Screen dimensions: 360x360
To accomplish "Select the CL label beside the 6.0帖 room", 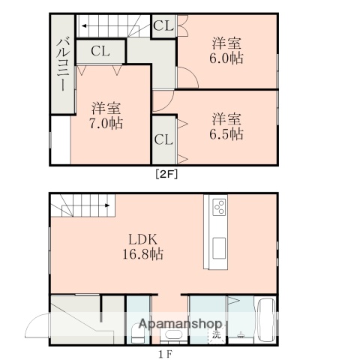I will tap(163, 25).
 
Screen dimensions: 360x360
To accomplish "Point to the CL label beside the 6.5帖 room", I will tap(163, 139).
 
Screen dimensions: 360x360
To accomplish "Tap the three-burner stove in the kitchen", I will tap(219, 207).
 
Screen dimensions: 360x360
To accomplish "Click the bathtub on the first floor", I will tap(266, 321).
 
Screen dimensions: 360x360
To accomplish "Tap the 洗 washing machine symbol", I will tap(216, 333).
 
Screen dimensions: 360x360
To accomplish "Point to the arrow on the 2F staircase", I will tap(82, 26).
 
